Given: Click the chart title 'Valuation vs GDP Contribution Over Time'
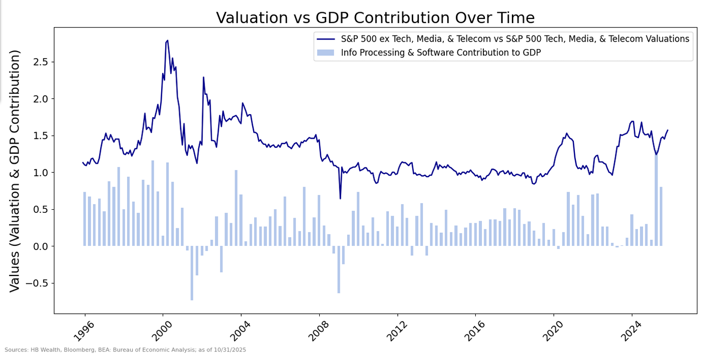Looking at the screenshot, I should (375, 18).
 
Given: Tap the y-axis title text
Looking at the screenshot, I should (15, 170).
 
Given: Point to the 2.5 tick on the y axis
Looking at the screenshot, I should (40, 62).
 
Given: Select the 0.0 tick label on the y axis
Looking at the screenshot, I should (40, 246).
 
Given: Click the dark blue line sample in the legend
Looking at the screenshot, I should (325, 39).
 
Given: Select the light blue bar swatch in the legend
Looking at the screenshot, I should (325, 53).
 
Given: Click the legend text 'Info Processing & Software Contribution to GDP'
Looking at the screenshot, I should (441, 53).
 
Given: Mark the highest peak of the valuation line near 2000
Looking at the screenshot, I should (167, 41).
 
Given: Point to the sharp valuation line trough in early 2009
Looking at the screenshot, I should (340, 198).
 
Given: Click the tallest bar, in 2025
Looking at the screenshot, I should (656, 200).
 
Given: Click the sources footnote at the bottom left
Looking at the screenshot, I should (125, 350).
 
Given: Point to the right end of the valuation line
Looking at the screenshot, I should (667, 130).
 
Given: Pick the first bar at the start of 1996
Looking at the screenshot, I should (85, 219).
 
